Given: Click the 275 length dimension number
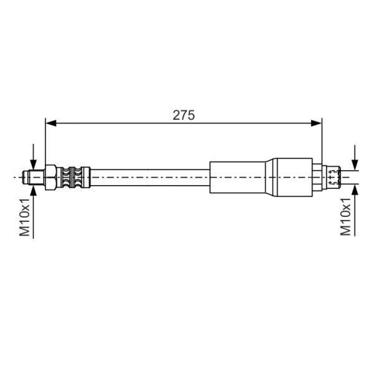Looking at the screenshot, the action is point(184,115).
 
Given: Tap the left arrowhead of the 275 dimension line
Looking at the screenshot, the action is point(51,123).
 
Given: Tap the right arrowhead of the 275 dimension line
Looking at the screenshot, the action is point(316,123).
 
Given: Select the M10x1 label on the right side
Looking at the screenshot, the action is point(346,217).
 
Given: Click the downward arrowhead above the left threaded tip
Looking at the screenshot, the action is point(33,165).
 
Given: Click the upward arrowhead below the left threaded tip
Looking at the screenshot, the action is point(33,190).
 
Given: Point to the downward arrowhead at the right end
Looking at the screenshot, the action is point(355,165).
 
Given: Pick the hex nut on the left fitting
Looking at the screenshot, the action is point(50,177).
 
